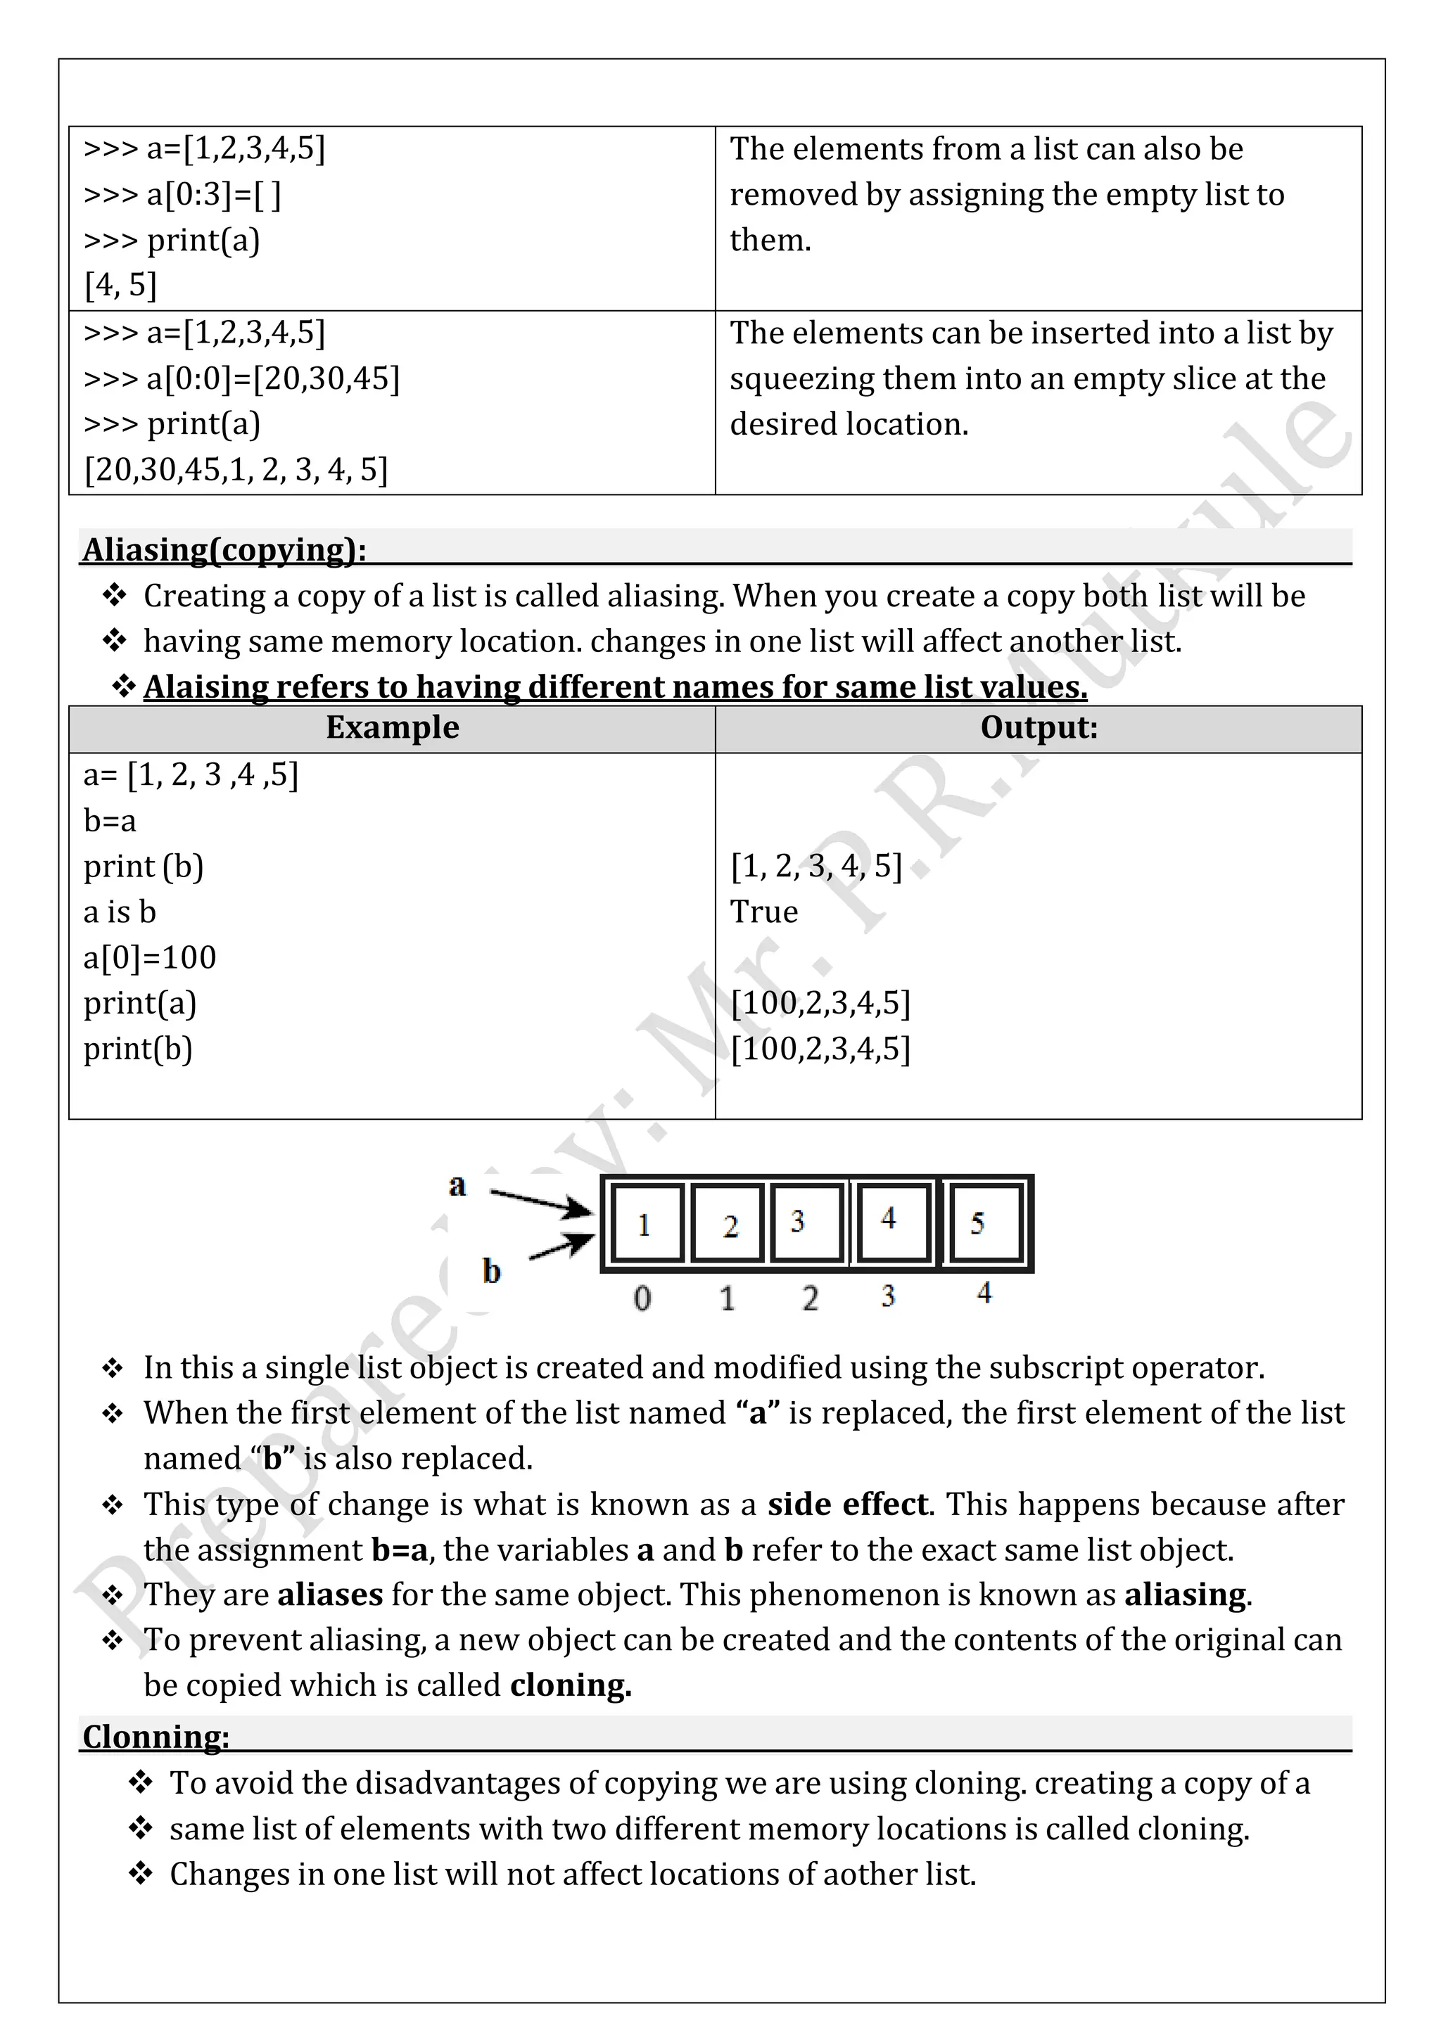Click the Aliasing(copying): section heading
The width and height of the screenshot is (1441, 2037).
[224, 550]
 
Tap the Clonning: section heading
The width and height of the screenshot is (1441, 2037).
[156, 1736]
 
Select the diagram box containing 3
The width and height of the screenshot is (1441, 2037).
[799, 1222]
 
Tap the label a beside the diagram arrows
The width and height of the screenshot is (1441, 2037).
[457, 1184]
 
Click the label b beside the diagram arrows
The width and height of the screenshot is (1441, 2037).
[490, 1271]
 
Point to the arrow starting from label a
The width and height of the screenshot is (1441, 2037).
[541, 1201]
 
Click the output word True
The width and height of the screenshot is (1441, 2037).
[763, 912]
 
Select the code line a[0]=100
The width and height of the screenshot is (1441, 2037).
[150, 957]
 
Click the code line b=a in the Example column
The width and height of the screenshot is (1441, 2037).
[110, 821]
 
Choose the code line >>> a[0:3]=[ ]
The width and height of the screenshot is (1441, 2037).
[182, 194]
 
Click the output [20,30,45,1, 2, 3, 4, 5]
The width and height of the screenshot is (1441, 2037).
[236, 469]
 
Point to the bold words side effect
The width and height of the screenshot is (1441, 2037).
[847, 1505]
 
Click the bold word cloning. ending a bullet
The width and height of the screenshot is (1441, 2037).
[571, 1685]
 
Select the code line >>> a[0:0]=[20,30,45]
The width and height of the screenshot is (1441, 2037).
[241, 379]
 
